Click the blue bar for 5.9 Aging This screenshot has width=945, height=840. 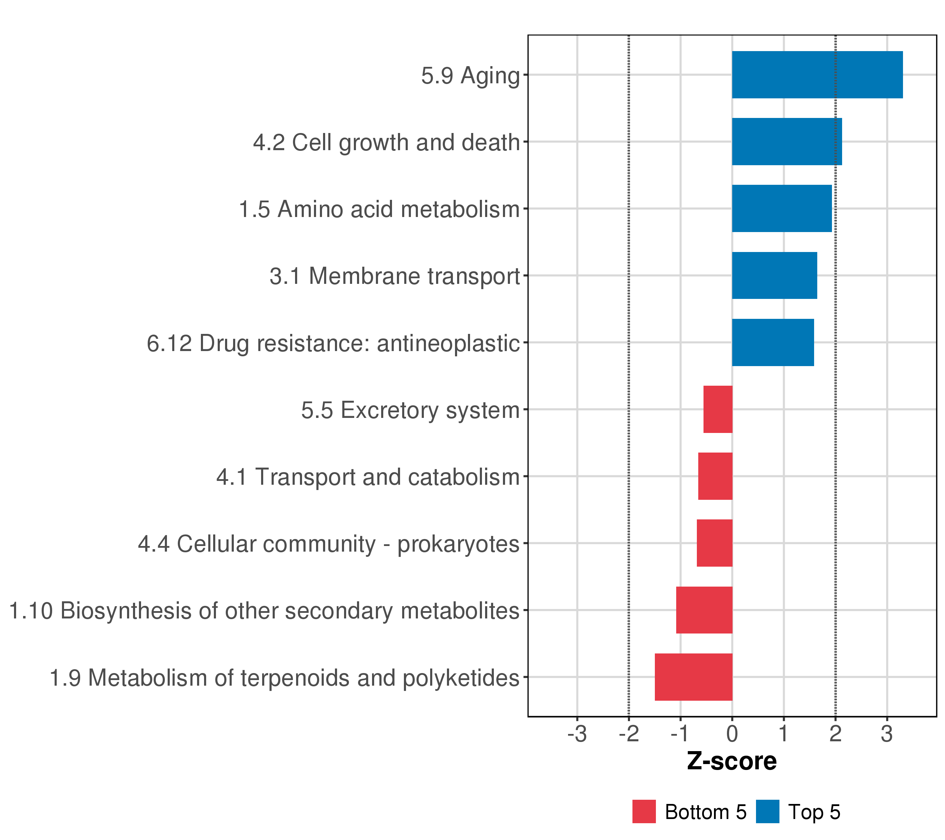click(x=817, y=75)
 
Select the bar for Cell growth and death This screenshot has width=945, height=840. click(x=786, y=141)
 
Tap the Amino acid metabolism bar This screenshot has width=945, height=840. click(x=781, y=209)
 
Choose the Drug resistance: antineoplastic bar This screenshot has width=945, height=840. click(x=772, y=343)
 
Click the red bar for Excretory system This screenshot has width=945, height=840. click(x=717, y=409)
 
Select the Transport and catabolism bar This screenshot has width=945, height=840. click(x=715, y=476)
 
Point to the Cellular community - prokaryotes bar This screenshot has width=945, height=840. click(x=714, y=543)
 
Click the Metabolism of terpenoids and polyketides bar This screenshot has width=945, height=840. click(x=693, y=677)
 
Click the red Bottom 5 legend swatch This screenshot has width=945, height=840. click(x=644, y=811)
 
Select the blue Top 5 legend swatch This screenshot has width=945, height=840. click(x=768, y=811)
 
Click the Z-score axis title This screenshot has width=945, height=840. click(x=732, y=761)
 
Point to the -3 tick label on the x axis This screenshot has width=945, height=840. click(x=577, y=734)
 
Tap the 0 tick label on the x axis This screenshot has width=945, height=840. click(x=732, y=734)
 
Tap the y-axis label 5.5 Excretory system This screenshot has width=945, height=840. click(x=410, y=410)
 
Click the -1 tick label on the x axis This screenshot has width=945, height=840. click(x=680, y=734)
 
